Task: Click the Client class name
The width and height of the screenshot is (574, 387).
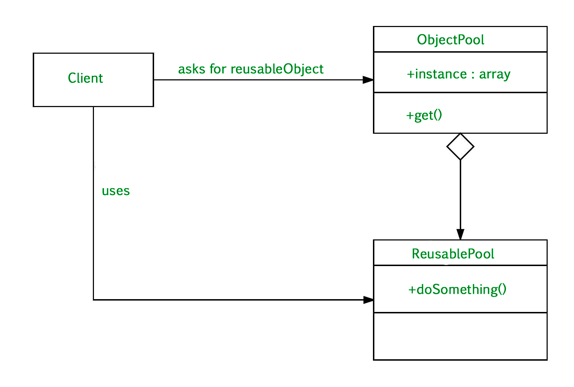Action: coord(85,78)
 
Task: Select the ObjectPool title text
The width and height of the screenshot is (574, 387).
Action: coord(451,40)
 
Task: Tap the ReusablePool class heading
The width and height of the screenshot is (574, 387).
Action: coord(453,254)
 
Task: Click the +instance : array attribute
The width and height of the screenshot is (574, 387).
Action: coord(458,74)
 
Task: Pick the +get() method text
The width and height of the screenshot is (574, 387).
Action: coord(424,115)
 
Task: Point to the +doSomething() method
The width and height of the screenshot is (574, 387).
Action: coord(457,290)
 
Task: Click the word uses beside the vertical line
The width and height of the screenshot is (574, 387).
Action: coord(116,191)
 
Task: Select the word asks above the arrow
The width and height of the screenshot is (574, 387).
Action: coord(191,69)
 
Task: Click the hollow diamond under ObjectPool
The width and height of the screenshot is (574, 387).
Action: coord(460,147)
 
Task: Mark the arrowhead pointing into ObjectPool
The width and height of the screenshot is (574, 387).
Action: coord(368,80)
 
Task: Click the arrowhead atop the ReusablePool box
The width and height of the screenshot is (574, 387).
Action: coord(460,235)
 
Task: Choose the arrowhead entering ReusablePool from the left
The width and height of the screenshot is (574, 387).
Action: coord(368,300)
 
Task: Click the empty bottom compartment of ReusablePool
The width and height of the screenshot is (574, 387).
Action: coord(460,336)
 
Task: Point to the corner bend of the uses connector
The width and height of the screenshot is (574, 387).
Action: coord(94,300)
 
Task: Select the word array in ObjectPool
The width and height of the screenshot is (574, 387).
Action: coord(495,74)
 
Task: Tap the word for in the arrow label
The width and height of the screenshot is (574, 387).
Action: coord(218,69)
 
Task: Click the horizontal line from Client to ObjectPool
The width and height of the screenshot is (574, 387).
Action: coord(256,80)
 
